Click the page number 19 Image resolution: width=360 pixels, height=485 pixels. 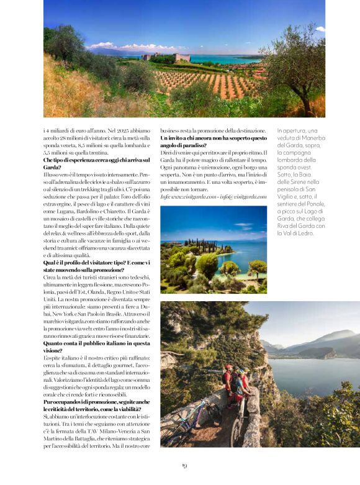pos(184,465)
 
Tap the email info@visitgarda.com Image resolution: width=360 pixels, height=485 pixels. pos(240,196)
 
